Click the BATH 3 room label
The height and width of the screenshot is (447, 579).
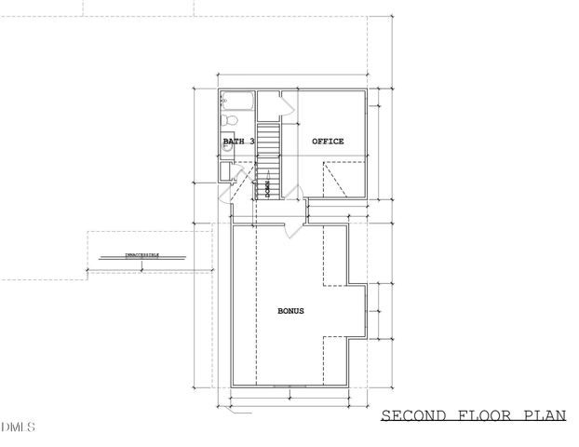pyautogui.click(x=238, y=142)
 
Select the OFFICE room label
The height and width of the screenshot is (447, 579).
pyautogui.click(x=328, y=142)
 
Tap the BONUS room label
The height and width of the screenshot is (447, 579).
pyautogui.click(x=291, y=311)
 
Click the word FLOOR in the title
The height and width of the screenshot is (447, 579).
pyautogui.click(x=483, y=416)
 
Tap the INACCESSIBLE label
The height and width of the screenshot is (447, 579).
pyautogui.click(x=141, y=254)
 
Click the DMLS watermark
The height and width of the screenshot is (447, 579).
pyautogui.click(x=19, y=428)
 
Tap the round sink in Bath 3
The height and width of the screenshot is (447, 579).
pyautogui.click(x=226, y=145)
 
